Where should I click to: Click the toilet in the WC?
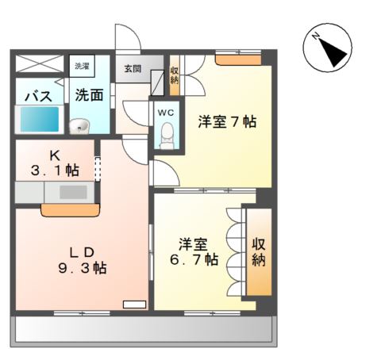click(x=167, y=136)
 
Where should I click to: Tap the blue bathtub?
click(x=40, y=119)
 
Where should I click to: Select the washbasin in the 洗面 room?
click(x=79, y=126)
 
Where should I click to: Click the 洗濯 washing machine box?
click(x=82, y=66)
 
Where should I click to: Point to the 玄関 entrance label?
click(x=133, y=69)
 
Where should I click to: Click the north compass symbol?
click(x=327, y=48)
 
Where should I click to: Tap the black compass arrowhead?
click(x=333, y=52)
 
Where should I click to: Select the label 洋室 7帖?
click(x=227, y=122)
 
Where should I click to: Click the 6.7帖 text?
click(x=194, y=259)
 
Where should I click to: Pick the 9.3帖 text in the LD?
click(x=83, y=269)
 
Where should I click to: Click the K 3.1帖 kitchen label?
click(x=55, y=163)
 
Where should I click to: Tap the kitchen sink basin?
click(x=73, y=192)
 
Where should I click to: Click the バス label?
click(x=39, y=96)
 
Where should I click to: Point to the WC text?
click(x=166, y=113)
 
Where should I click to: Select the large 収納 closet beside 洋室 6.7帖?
click(x=259, y=251)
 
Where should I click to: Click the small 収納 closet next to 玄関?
click(x=175, y=75)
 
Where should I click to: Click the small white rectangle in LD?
click(x=134, y=304)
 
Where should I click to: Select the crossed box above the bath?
click(x=40, y=63)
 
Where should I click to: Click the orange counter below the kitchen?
click(x=71, y=210)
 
